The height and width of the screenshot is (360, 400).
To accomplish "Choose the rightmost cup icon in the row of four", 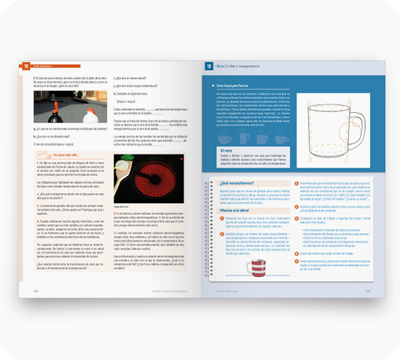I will [281, 138].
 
